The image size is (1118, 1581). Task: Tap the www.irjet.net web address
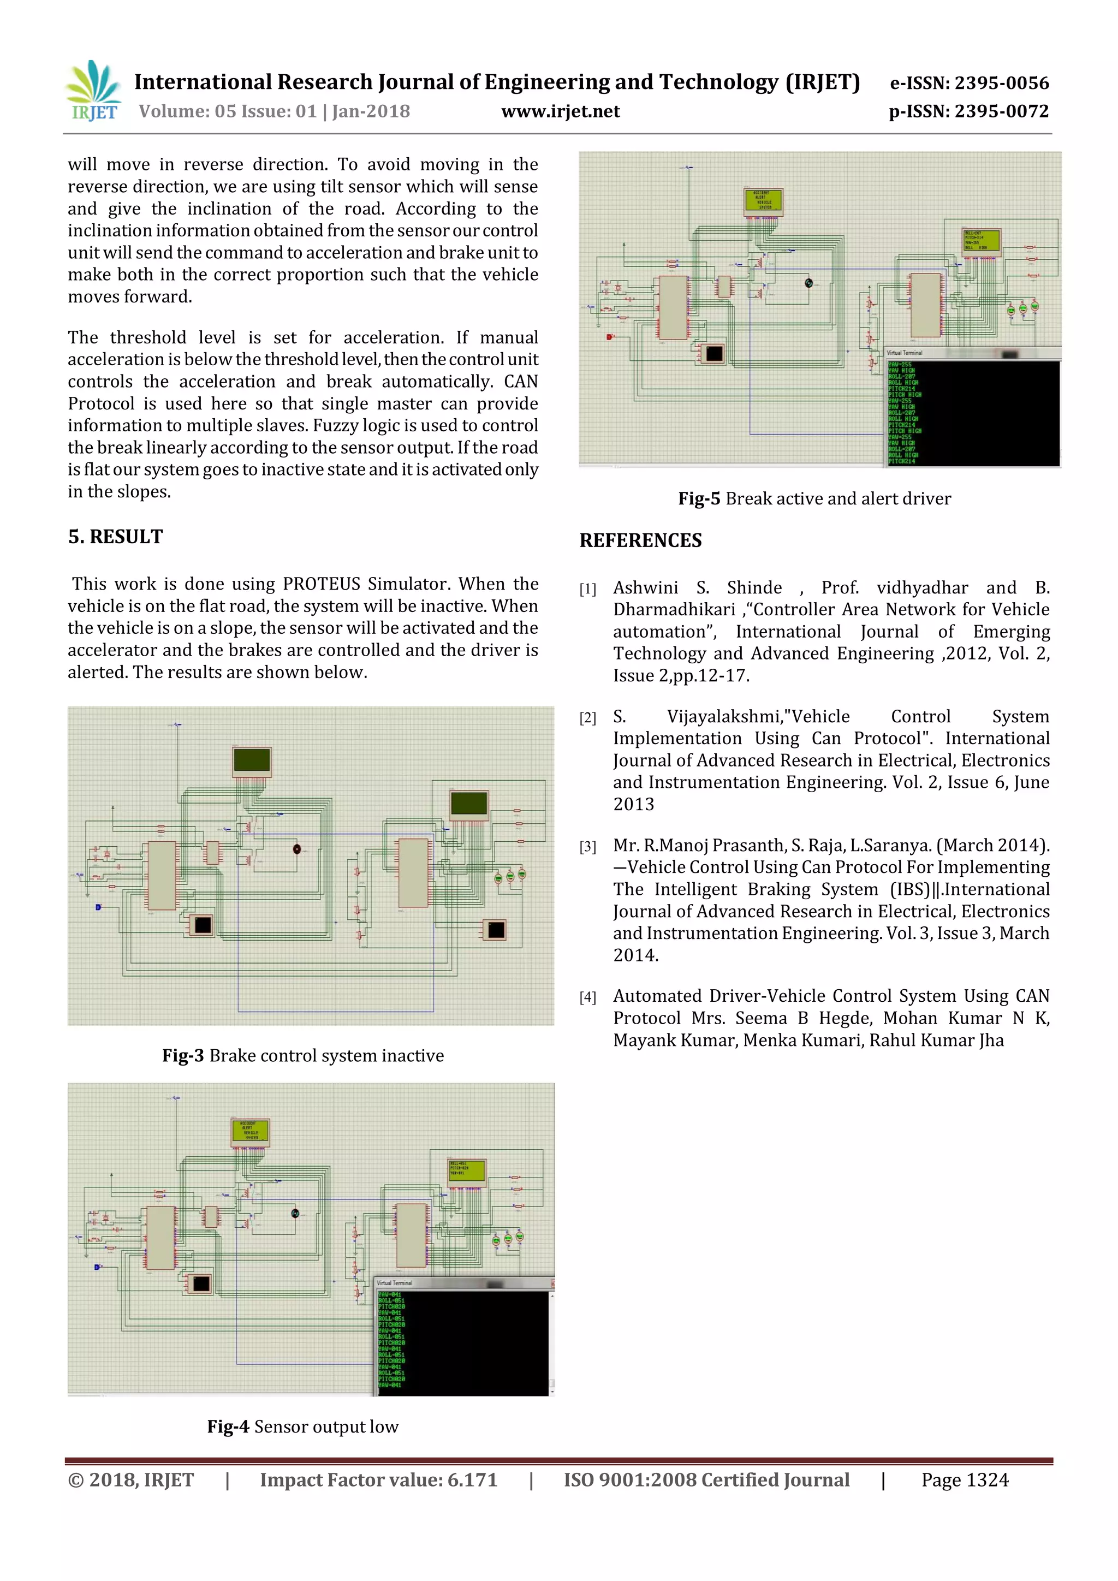(561, 111)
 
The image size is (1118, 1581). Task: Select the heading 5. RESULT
(115, 537)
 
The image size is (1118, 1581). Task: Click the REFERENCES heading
(640, 540)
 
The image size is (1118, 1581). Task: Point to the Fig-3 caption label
(183, 1056)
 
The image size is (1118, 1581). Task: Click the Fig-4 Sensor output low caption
(303, 1426)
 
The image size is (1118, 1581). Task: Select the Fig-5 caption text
(814, 498)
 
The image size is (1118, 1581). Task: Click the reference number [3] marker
(587, 847)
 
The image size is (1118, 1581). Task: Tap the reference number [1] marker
(587, 590)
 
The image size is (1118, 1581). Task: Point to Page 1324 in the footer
(965, 1480)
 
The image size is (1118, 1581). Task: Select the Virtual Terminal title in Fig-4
(395, 1283)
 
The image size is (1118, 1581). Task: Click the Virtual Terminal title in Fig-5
(905, 353)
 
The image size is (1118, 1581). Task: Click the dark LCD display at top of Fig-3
(252, 760)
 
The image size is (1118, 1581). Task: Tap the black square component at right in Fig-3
(496, 930)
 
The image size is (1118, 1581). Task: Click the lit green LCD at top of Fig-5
(764, 200)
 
